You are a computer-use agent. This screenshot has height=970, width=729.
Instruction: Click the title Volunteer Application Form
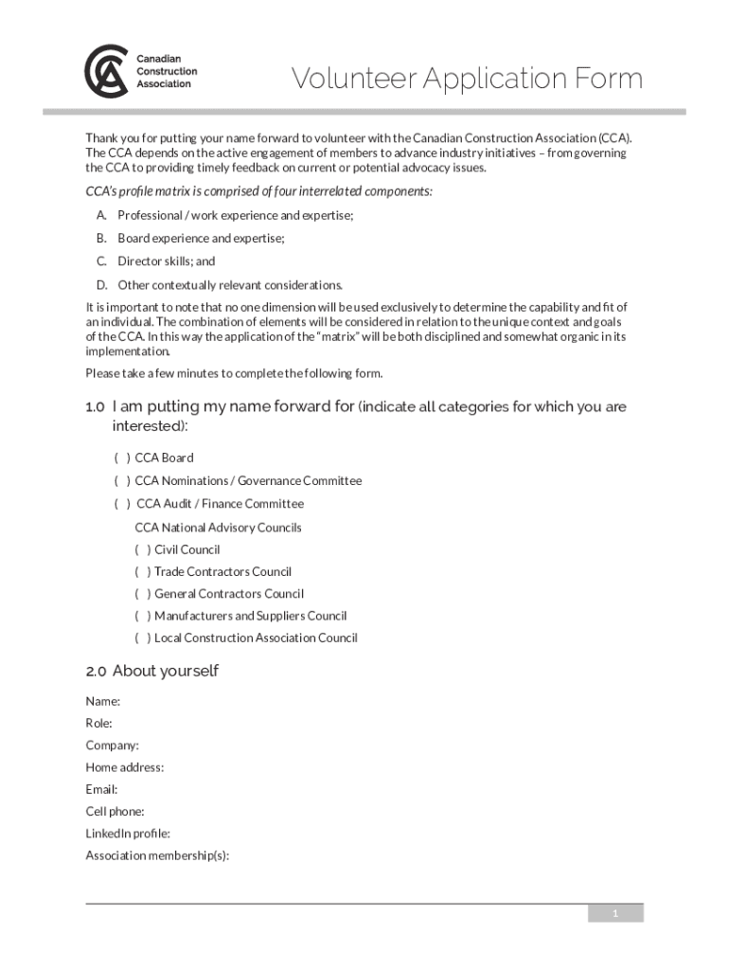coord(467,79)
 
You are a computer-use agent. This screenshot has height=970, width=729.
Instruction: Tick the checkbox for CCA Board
coord(122,458)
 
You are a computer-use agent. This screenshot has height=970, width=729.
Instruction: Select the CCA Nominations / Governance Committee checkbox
coord(122,481)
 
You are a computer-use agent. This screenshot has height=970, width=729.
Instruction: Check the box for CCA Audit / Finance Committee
coord(122,504)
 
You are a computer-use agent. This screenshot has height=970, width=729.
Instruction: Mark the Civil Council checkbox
coord(142,549)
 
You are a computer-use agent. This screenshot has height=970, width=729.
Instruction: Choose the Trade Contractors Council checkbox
coord(142,572)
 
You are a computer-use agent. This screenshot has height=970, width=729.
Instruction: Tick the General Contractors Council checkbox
coord(142,594)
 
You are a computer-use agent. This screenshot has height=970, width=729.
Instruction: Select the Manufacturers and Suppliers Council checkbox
coord(142,616)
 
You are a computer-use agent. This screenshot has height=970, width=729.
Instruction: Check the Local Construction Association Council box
coord(142,638)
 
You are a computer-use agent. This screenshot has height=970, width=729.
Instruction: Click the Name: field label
coord(103,701)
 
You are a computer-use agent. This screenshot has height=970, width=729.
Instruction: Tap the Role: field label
coord(99,724)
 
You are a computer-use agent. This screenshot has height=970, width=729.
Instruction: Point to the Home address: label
coord(124,767)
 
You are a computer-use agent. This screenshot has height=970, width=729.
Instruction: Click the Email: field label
coord(101,790)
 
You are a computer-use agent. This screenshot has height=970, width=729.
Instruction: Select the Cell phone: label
coord(115,812)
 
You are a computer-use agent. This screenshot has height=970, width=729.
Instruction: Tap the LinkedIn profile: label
coord(128,834)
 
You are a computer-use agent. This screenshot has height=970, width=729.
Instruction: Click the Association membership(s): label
coord(157,856)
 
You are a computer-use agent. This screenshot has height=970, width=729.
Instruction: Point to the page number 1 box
coord(615,913)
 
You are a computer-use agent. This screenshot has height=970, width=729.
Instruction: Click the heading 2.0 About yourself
coord(151,671)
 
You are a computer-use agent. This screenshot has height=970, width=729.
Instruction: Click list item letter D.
coord(100,285)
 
